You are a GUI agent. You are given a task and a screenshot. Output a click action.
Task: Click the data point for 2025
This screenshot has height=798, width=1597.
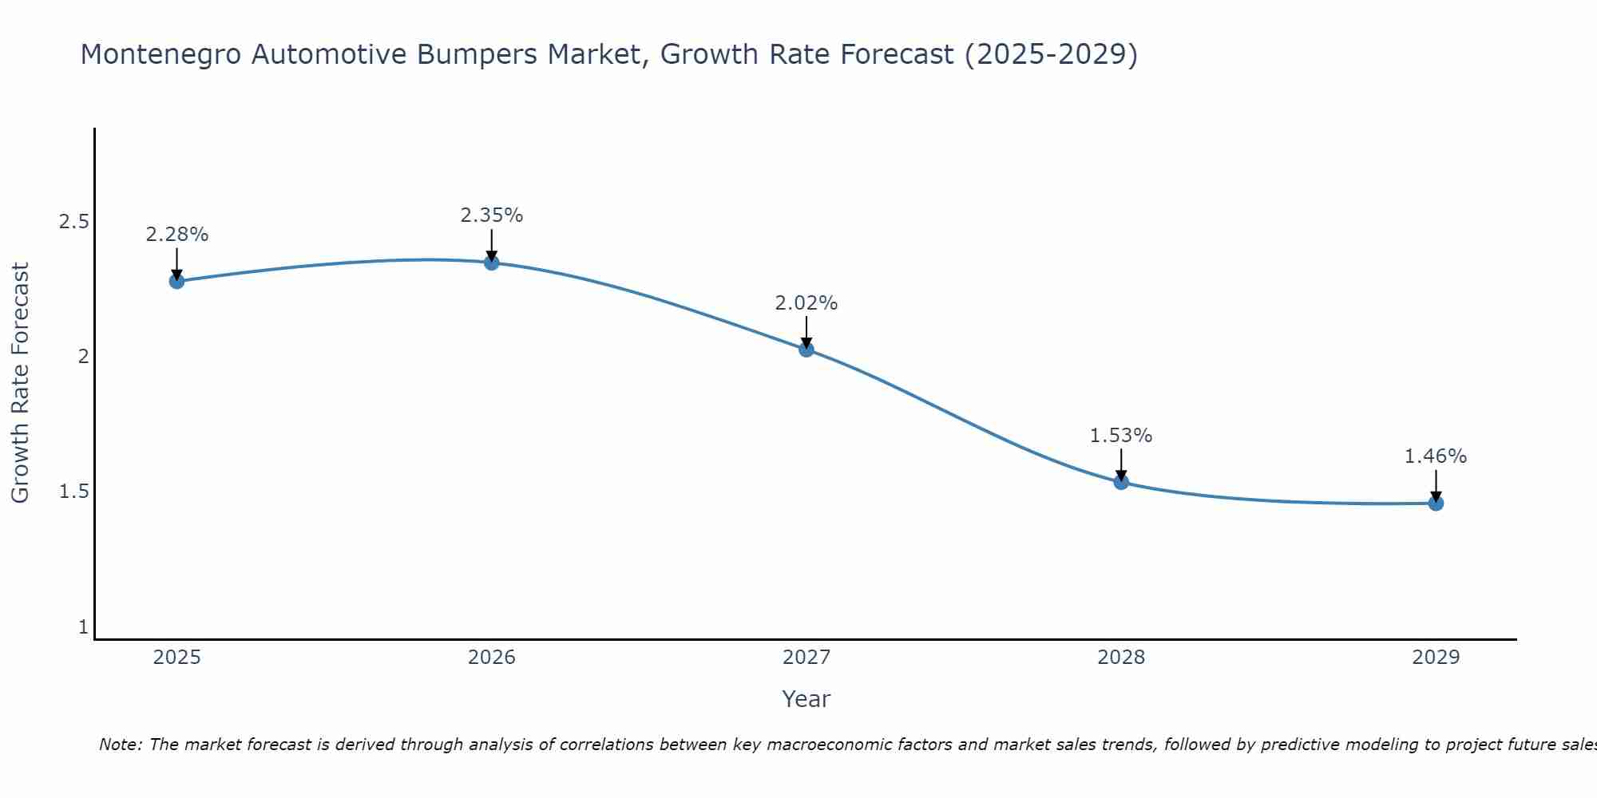point(176,281)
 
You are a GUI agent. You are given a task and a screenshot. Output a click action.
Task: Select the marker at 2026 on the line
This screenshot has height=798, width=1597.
point(492,263)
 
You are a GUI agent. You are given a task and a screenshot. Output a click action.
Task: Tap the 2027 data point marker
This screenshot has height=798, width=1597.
point(806,349)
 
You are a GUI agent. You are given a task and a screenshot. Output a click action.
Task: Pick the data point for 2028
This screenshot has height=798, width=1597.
point(1121,481)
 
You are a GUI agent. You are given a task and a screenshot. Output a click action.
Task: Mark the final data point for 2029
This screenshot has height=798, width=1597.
point(1436,503)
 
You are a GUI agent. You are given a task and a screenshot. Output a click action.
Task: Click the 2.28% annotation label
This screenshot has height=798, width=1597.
point(176,235)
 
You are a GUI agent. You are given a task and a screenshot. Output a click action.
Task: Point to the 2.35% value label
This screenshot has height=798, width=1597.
point(492,215)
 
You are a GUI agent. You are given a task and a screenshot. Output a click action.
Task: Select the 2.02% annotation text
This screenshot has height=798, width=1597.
point(806,303)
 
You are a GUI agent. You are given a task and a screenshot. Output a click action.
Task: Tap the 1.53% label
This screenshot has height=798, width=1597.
point(1121,436)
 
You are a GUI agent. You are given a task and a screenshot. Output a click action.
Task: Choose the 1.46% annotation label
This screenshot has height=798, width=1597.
point(1436,456)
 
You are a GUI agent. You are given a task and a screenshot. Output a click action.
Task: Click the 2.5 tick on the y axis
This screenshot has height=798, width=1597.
point(73,222)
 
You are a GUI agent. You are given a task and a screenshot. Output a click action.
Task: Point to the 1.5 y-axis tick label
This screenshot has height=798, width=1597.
point(73,492)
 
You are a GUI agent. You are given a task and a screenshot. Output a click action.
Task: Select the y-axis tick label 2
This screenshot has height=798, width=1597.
point(83,357)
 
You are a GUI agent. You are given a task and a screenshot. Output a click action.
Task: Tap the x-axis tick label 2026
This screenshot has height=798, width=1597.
point(492,658)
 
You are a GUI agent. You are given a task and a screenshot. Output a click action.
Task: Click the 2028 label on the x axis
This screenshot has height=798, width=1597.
point(1121,658)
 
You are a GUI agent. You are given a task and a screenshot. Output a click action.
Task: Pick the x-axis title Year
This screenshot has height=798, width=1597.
point(806,699)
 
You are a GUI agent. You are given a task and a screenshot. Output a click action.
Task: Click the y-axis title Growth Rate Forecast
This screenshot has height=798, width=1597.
point(21,383)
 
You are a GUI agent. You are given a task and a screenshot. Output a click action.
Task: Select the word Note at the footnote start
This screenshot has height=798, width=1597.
point(121,745)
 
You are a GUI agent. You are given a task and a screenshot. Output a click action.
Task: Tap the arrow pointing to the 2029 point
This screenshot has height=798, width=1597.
point(1436,485)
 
